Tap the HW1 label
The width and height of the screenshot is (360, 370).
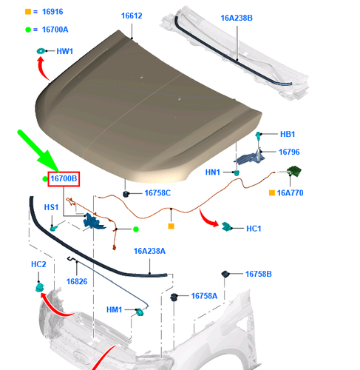65,51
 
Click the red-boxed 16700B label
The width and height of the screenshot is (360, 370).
64,178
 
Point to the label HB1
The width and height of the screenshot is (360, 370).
288,134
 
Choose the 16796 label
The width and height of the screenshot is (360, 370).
289,152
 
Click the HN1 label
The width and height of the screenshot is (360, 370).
213,172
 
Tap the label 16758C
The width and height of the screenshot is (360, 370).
157,193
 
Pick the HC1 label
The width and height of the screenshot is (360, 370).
254,228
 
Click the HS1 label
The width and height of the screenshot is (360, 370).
52,207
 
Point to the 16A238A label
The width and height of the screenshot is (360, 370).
149,252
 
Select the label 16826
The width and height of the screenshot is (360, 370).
77,281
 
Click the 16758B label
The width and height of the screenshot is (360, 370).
259,274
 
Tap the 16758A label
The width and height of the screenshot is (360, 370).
204,296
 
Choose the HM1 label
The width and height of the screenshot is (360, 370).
115,310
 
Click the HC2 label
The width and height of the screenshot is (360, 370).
38,264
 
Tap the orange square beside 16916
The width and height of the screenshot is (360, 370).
28,13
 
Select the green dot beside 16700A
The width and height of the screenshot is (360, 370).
28,30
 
